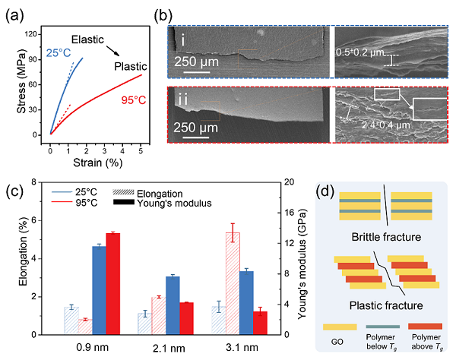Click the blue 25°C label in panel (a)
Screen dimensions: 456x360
pos(59,52)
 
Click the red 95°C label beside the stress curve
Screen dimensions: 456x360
pos(134,100)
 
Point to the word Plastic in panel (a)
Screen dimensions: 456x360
pos(131,67)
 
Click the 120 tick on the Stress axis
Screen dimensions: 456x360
pos(30,34)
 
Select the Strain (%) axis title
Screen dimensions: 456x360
pos(98,163)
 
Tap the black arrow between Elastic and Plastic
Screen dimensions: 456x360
pos(112,51)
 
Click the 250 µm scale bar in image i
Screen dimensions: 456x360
pos(197,71)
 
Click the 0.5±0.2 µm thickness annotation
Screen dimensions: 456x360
pos(360,52)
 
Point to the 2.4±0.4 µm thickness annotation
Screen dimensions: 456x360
pos(386,125)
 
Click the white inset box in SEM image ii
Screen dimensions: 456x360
pos(429,109)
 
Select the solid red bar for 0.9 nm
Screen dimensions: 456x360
pos(113,284)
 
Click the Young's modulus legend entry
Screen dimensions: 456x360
pos(163,203)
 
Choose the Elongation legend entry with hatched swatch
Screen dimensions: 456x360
pos(147,194)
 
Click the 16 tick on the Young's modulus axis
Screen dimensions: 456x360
pos(291,213)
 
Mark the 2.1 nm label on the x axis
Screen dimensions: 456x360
pos(169,348)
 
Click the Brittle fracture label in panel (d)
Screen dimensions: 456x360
pos(386,237)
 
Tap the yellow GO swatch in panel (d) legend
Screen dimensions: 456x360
pos(340,327)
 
